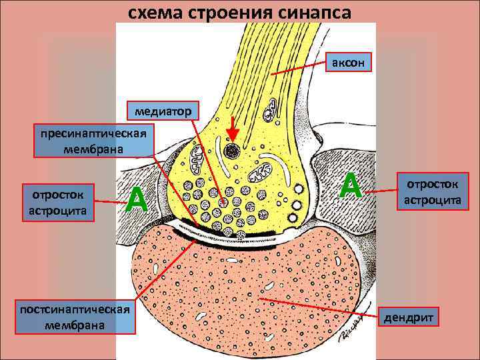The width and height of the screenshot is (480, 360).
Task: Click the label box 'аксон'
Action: click(x=347, y=63)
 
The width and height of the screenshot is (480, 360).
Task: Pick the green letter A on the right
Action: click(x=351, y=185)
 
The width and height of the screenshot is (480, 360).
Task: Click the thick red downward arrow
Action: click(x=232, y=129)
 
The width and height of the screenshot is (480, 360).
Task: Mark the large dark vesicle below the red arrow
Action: click(x=233, y=151)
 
